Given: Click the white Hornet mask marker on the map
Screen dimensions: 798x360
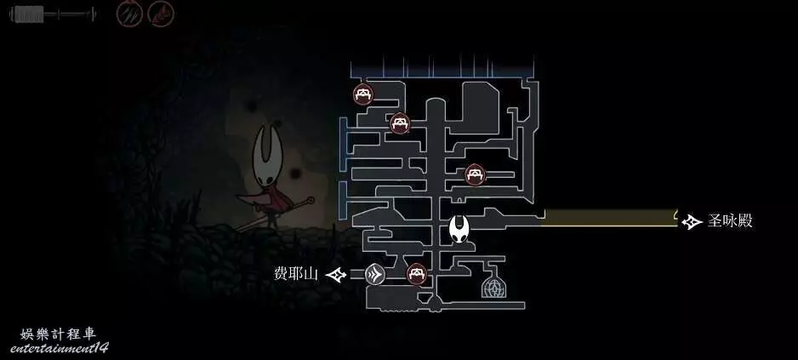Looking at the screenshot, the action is pos(459,229).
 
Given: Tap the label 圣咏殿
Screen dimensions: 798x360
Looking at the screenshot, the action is pos(730,221).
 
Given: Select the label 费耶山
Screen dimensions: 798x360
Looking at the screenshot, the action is pos(296,274).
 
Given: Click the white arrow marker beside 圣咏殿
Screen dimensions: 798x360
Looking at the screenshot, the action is pos(692,222).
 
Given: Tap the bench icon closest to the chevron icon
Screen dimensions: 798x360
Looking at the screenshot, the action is pos(416,274).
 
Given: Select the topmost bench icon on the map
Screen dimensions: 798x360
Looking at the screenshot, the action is pos(363,94).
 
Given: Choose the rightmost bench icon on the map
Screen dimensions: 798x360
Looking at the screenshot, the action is pos(475,174).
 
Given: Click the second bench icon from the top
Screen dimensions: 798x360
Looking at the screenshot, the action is pos(400,123).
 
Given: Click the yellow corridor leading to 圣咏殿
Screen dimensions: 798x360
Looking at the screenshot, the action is pos(610,218).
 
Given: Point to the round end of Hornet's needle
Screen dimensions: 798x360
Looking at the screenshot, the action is pos(310,200).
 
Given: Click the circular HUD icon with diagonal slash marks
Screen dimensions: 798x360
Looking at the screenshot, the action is pos(129,14).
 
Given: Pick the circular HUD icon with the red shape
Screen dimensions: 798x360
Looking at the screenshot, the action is pos(161,14).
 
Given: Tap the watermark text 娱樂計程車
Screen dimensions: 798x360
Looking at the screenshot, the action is pos(58,334).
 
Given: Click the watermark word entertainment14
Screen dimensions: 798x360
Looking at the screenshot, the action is pos(59,349).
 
